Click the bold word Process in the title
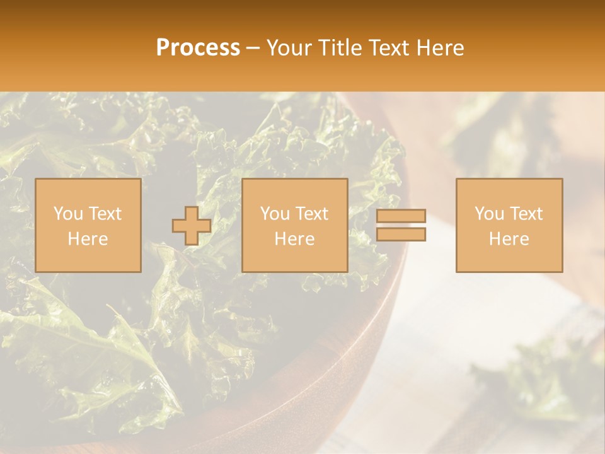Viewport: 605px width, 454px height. pos(198,47)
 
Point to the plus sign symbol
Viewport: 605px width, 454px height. pos(192,226)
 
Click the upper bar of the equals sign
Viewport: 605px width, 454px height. pos(401,216)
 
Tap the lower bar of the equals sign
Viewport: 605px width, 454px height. pos(401,235)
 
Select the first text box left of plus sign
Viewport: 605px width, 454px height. pos(88,225)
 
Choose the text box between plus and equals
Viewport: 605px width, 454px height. pos(294,225)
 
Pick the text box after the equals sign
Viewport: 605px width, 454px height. pos(509,225)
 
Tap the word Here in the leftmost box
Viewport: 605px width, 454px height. pos(88,238)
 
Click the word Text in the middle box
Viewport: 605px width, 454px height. pos(312,214)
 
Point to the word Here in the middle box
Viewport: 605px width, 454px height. pos(294,238)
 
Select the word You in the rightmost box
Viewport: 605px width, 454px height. pos(489,214)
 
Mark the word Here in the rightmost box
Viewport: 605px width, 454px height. pos(509,238)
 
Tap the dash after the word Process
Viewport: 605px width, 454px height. pos(253,49)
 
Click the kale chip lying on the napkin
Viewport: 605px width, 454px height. pos(536,378)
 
